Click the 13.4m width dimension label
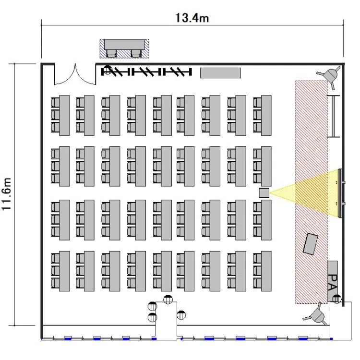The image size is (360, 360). [x=192, y=18]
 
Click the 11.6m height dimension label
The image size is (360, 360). [x=6, y=194]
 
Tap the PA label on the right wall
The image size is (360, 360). [x=333, y=282]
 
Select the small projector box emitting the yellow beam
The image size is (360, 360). [x=264, y=193]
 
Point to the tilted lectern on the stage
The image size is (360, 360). [x=311, y=244]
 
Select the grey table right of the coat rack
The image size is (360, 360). [x=220, y=73]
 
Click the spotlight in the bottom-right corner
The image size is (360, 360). [x=316, y=315]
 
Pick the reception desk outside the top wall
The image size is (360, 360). [x=124, y=48]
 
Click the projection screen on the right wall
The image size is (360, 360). [x=340, y=193]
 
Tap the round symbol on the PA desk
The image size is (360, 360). [x=336, y=299]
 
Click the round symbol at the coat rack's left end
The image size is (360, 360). [x=107, y=70]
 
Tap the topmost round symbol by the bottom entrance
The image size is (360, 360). [x=168, y=300]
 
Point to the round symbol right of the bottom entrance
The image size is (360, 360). [x=181, y=315]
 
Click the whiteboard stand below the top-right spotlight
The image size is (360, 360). [x=334, y=116]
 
